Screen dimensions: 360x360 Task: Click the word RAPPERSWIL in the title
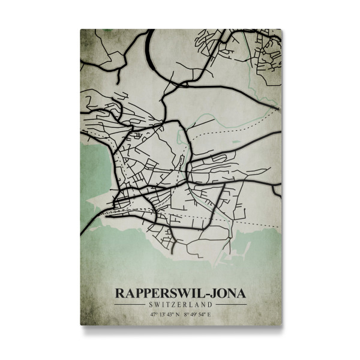coord(155,293)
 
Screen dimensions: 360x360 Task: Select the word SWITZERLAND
coord(181,305)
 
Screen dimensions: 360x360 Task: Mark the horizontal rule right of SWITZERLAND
coord(231,305)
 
